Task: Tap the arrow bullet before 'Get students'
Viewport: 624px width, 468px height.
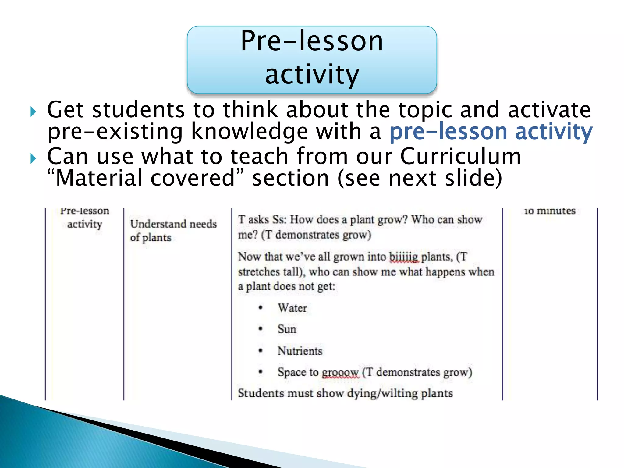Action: pyautogui.click(x=33, y=112)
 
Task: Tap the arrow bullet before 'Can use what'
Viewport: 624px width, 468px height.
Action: pyautogui.click(x=33, y=158)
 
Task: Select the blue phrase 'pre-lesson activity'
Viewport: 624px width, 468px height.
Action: pyautogui.click(x=491, y=132)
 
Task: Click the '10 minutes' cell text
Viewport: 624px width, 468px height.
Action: pyautogui.click(x=550, y=211)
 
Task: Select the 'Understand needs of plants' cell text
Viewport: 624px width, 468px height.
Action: pyautogui.click(x=173, y=230)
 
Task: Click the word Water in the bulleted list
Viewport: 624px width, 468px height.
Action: pyautogui.click(x=292, y=308)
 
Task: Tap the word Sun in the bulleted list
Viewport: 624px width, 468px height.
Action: pyautogui.click(x=287, y=329)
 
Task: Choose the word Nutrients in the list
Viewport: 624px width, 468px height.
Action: pyautogui.click(x=300, y=351)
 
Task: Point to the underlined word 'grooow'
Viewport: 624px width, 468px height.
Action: pyautogui.click(x=341, y=372)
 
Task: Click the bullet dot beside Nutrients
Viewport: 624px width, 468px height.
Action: pyautogui.click(x=261, y=351)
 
